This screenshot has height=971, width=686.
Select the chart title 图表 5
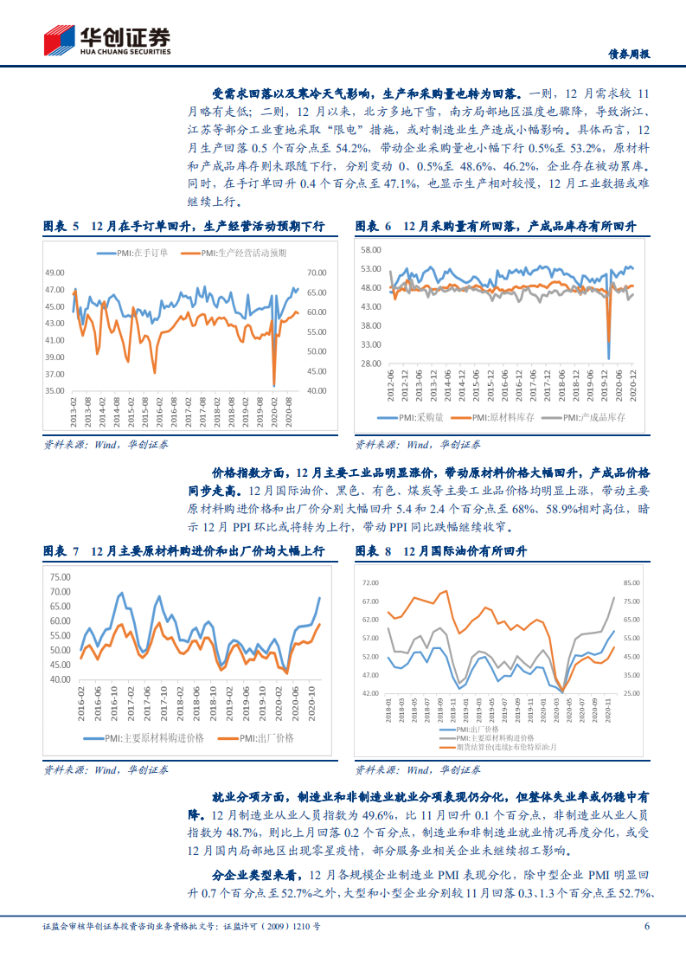click(61, 226)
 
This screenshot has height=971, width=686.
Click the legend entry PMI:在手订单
click(140, 254)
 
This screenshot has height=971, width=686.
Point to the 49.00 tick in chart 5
click(54, 273)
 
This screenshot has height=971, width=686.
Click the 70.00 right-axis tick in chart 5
click(316, 273)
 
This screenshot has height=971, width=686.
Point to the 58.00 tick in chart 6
click(370, 249)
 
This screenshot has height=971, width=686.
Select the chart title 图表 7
click(61, 551)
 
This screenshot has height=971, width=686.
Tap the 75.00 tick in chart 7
click(59, 577)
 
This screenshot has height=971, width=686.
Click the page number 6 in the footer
click(646, 949)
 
